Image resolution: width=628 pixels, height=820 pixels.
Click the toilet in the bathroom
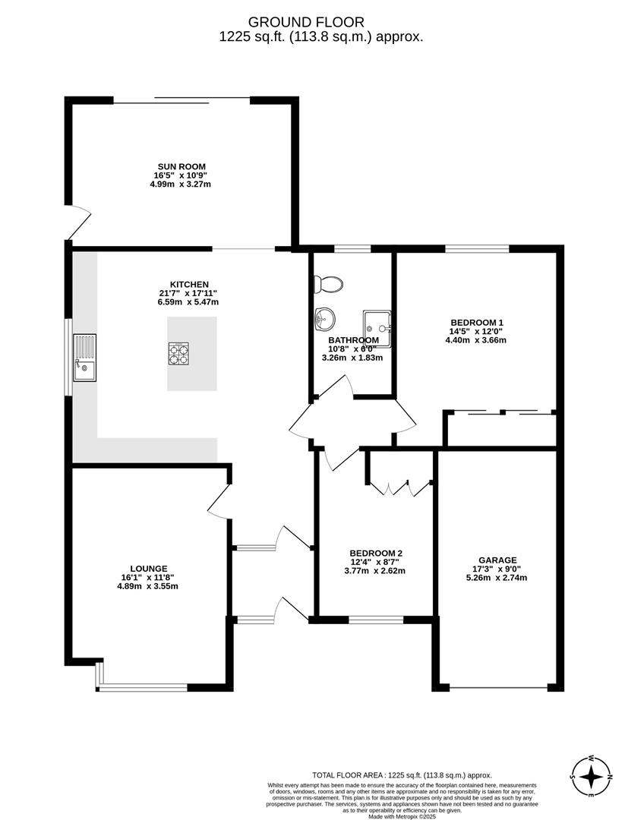329,284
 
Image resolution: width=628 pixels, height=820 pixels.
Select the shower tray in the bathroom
377,328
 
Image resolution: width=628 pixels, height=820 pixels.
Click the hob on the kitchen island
178,354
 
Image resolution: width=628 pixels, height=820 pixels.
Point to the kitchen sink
84,357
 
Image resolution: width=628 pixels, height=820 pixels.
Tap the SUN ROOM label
181,166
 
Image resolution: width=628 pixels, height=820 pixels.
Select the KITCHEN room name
189,285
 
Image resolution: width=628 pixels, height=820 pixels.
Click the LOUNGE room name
148,568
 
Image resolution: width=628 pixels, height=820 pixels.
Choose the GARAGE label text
497,560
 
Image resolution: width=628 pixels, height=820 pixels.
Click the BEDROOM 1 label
476,322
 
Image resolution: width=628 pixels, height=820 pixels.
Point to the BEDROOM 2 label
375,553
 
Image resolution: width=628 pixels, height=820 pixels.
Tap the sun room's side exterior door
78,222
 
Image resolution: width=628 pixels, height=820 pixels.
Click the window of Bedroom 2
376,620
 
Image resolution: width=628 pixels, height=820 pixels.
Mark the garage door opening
498,688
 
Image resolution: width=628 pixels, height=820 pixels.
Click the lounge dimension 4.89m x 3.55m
148,586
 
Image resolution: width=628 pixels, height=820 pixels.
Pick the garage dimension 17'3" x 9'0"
497,569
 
